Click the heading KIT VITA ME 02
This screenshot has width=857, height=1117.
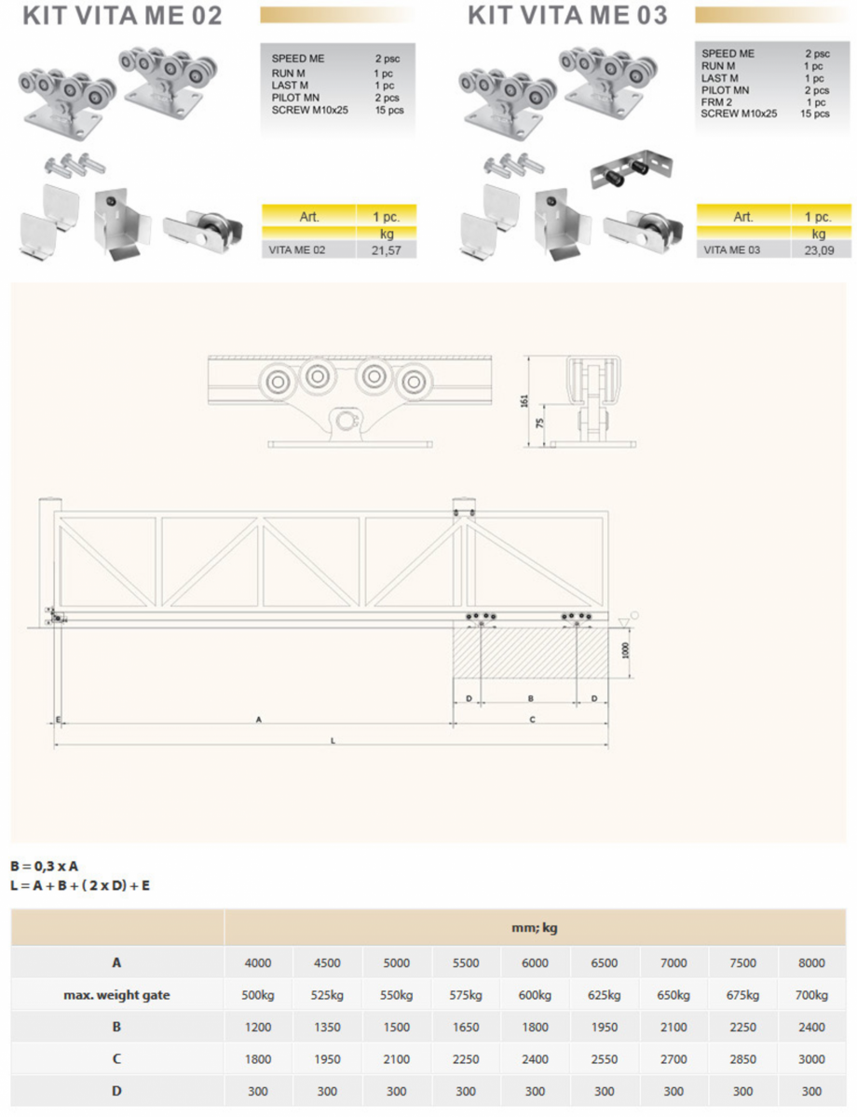pos(122,16)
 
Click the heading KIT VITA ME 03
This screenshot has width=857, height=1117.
pos(566,16)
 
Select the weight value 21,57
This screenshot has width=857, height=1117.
pos(387,250)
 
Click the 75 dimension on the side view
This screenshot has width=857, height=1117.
pos(539,424)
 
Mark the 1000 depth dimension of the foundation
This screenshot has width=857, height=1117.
pos(626,649)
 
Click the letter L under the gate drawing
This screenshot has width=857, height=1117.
pos(333,739)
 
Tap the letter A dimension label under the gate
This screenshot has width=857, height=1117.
pos(259,719)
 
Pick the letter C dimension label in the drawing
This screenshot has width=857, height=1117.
pos(532,719)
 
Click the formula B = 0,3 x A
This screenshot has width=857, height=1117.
pos(45,867)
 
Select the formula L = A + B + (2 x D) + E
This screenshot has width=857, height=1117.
pos(80,885)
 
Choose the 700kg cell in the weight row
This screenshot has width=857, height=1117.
pos(812,995)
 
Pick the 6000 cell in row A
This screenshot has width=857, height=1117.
pos(535,962)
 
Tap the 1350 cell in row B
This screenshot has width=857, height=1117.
pos(327,1028)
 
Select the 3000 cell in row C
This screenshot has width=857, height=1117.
pos(812,1059)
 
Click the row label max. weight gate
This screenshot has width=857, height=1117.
pos(116,995)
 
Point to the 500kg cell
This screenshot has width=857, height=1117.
pos(258,995)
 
